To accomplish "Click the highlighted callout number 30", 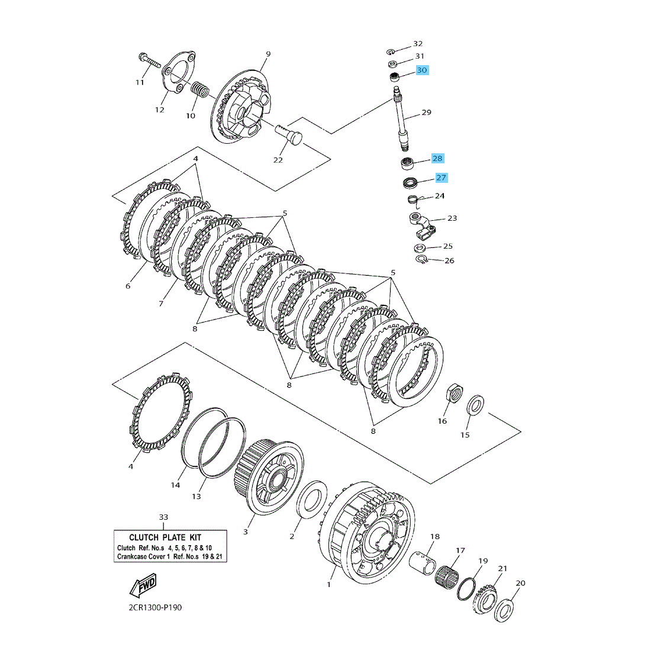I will [421, 70].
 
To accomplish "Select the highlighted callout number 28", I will [437, 159].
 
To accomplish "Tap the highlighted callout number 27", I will [441, 178].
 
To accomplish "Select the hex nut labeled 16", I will [454, 393].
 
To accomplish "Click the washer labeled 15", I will [475, 406].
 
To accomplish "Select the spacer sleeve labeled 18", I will [424, 563].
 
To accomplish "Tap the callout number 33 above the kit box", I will [164, 517].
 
